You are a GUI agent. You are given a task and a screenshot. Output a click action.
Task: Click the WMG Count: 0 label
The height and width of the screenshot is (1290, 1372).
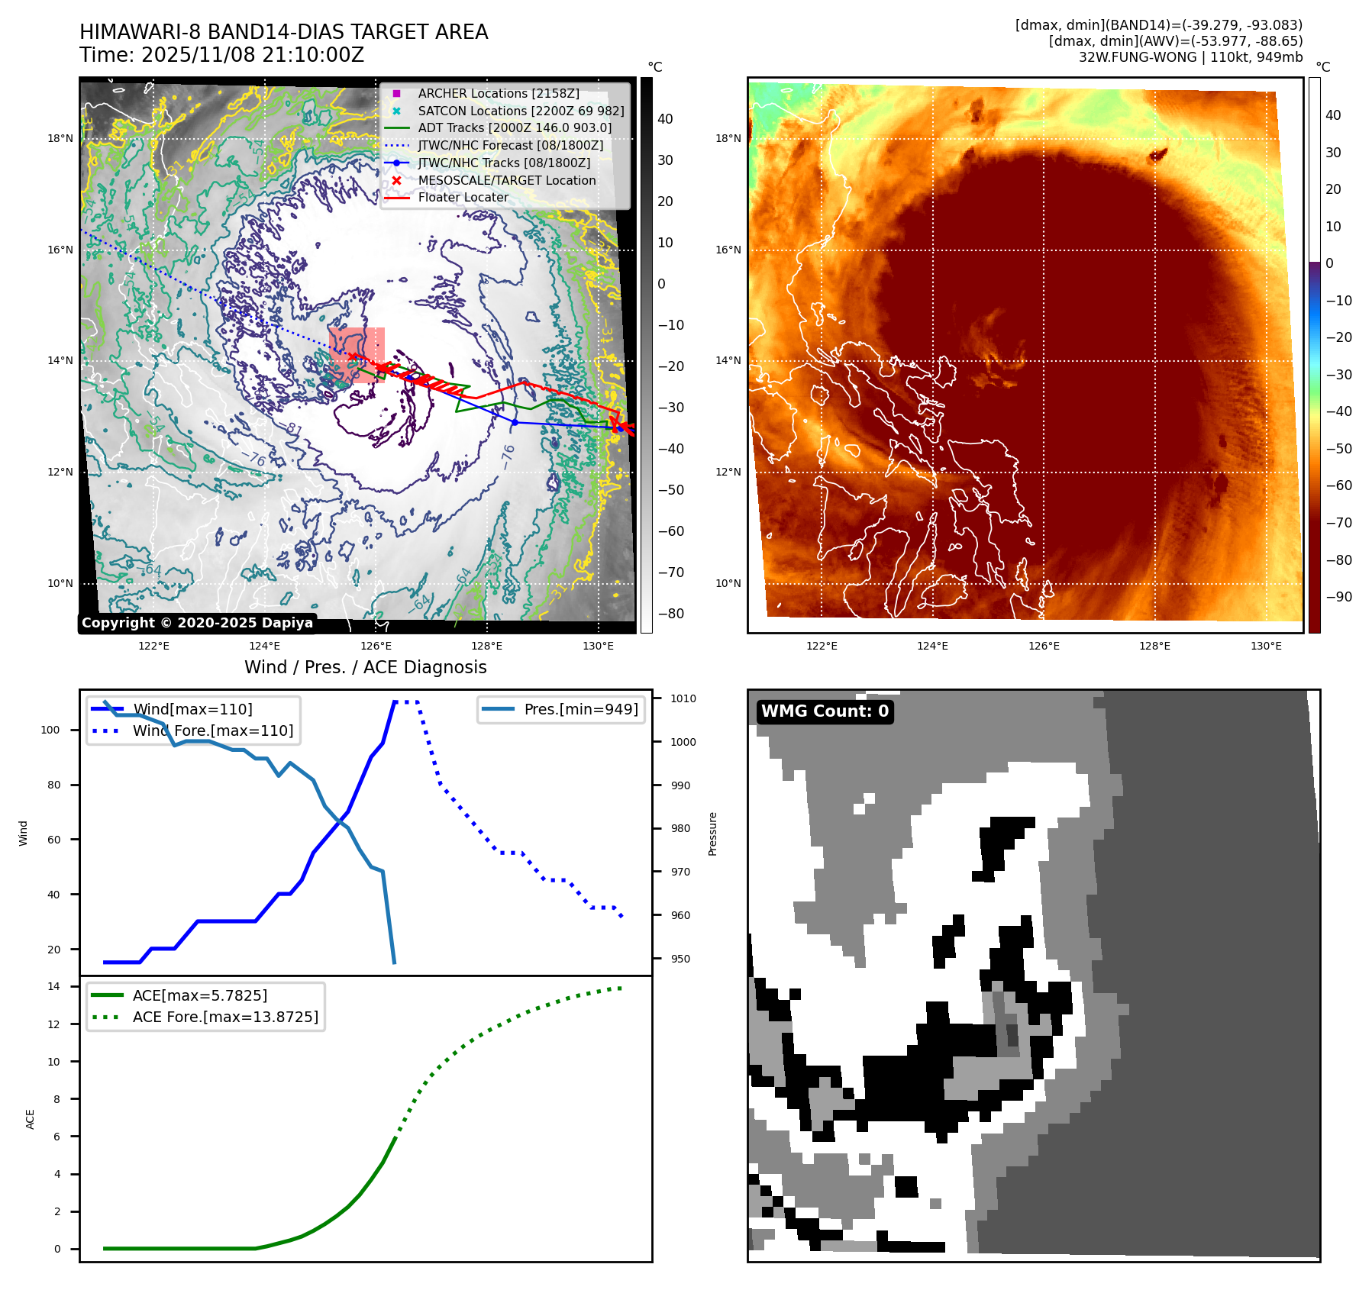[x=825, y=711]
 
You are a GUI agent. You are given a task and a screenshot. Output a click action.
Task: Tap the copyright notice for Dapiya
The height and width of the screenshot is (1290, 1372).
[x=197, y=623]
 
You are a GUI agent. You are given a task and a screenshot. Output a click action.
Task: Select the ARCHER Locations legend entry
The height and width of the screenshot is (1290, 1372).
[x=498, y=93]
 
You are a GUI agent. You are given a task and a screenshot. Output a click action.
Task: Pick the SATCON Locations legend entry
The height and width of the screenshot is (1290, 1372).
[x=521, y=111]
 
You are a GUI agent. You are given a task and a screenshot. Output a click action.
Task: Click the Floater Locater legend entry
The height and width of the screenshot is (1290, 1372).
[x=463, y=197]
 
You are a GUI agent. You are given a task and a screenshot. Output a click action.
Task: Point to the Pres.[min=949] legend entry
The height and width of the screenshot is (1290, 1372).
[x=580, y=709]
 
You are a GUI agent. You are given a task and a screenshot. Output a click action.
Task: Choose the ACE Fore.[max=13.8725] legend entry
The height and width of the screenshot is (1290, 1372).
[x=224, y=1017]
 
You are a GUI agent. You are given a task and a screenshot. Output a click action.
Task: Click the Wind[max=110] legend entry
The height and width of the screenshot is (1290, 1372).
[x=192, y=709]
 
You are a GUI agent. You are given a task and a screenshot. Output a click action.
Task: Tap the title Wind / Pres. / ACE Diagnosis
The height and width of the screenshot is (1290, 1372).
[x=365, y=667]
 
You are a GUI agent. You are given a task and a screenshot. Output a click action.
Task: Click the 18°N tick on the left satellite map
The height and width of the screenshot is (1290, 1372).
[x=60, y=139]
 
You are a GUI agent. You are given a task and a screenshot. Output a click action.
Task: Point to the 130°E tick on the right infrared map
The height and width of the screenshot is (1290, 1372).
[x=1266, y=647]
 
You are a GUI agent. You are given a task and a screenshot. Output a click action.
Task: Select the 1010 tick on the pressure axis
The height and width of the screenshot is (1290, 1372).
[x=683, y=698]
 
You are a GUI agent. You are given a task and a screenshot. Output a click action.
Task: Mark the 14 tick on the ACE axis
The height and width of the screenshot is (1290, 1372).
[x=53, y=986]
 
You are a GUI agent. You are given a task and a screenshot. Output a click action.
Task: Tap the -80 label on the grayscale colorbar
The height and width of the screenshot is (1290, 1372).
[x=670, y=614]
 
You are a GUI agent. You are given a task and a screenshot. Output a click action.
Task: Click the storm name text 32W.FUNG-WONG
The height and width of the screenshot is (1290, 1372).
[x=1137, y=57]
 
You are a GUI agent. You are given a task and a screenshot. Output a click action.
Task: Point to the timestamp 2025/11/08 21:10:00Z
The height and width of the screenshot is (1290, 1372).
[x=253, y=56]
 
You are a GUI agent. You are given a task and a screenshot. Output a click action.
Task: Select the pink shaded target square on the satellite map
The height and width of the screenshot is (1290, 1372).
[x=357, y=355]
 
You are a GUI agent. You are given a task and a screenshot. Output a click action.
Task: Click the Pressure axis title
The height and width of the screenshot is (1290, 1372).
[x=712, y=834]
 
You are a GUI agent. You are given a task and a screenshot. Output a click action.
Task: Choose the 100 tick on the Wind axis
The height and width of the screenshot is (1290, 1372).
[x=50, y=730]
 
